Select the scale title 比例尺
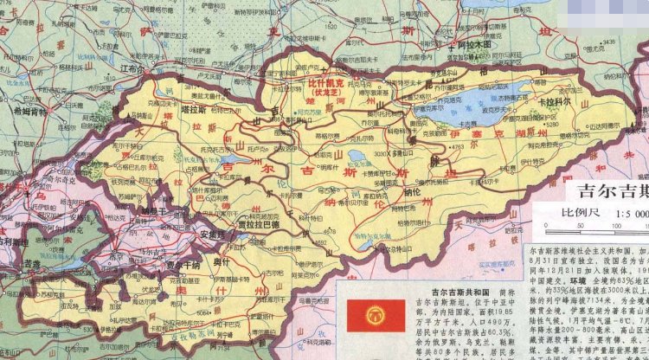point(565,213)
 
